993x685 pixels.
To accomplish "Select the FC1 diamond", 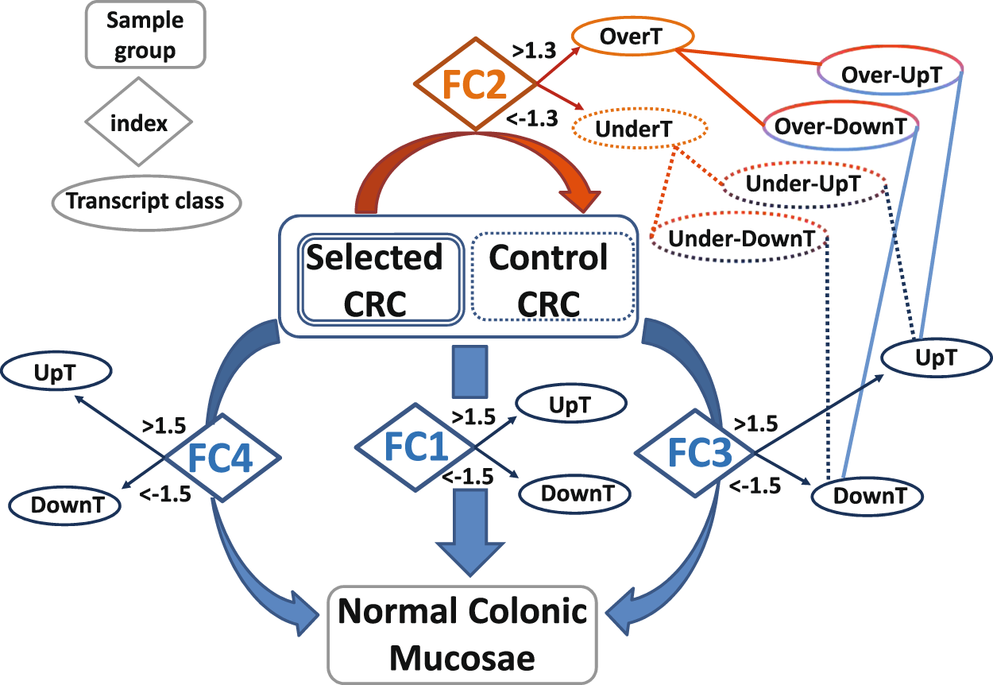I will [x=413, y=449].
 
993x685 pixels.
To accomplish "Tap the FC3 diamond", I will [x=694, y=453].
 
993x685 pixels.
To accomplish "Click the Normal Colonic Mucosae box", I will [x=462, y=635].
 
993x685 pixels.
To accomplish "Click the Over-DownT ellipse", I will [x=840, y=126].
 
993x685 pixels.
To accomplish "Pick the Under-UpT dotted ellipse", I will [x=803, y=184].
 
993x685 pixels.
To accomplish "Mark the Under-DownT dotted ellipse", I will [x=740, y=238].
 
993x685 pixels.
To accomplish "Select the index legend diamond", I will [x=139, y=123].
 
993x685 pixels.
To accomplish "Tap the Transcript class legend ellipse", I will [x=145, y=200].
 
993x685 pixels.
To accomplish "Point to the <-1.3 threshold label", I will [x=531, y=118].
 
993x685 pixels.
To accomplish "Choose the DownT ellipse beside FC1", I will [x=574, y=493].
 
